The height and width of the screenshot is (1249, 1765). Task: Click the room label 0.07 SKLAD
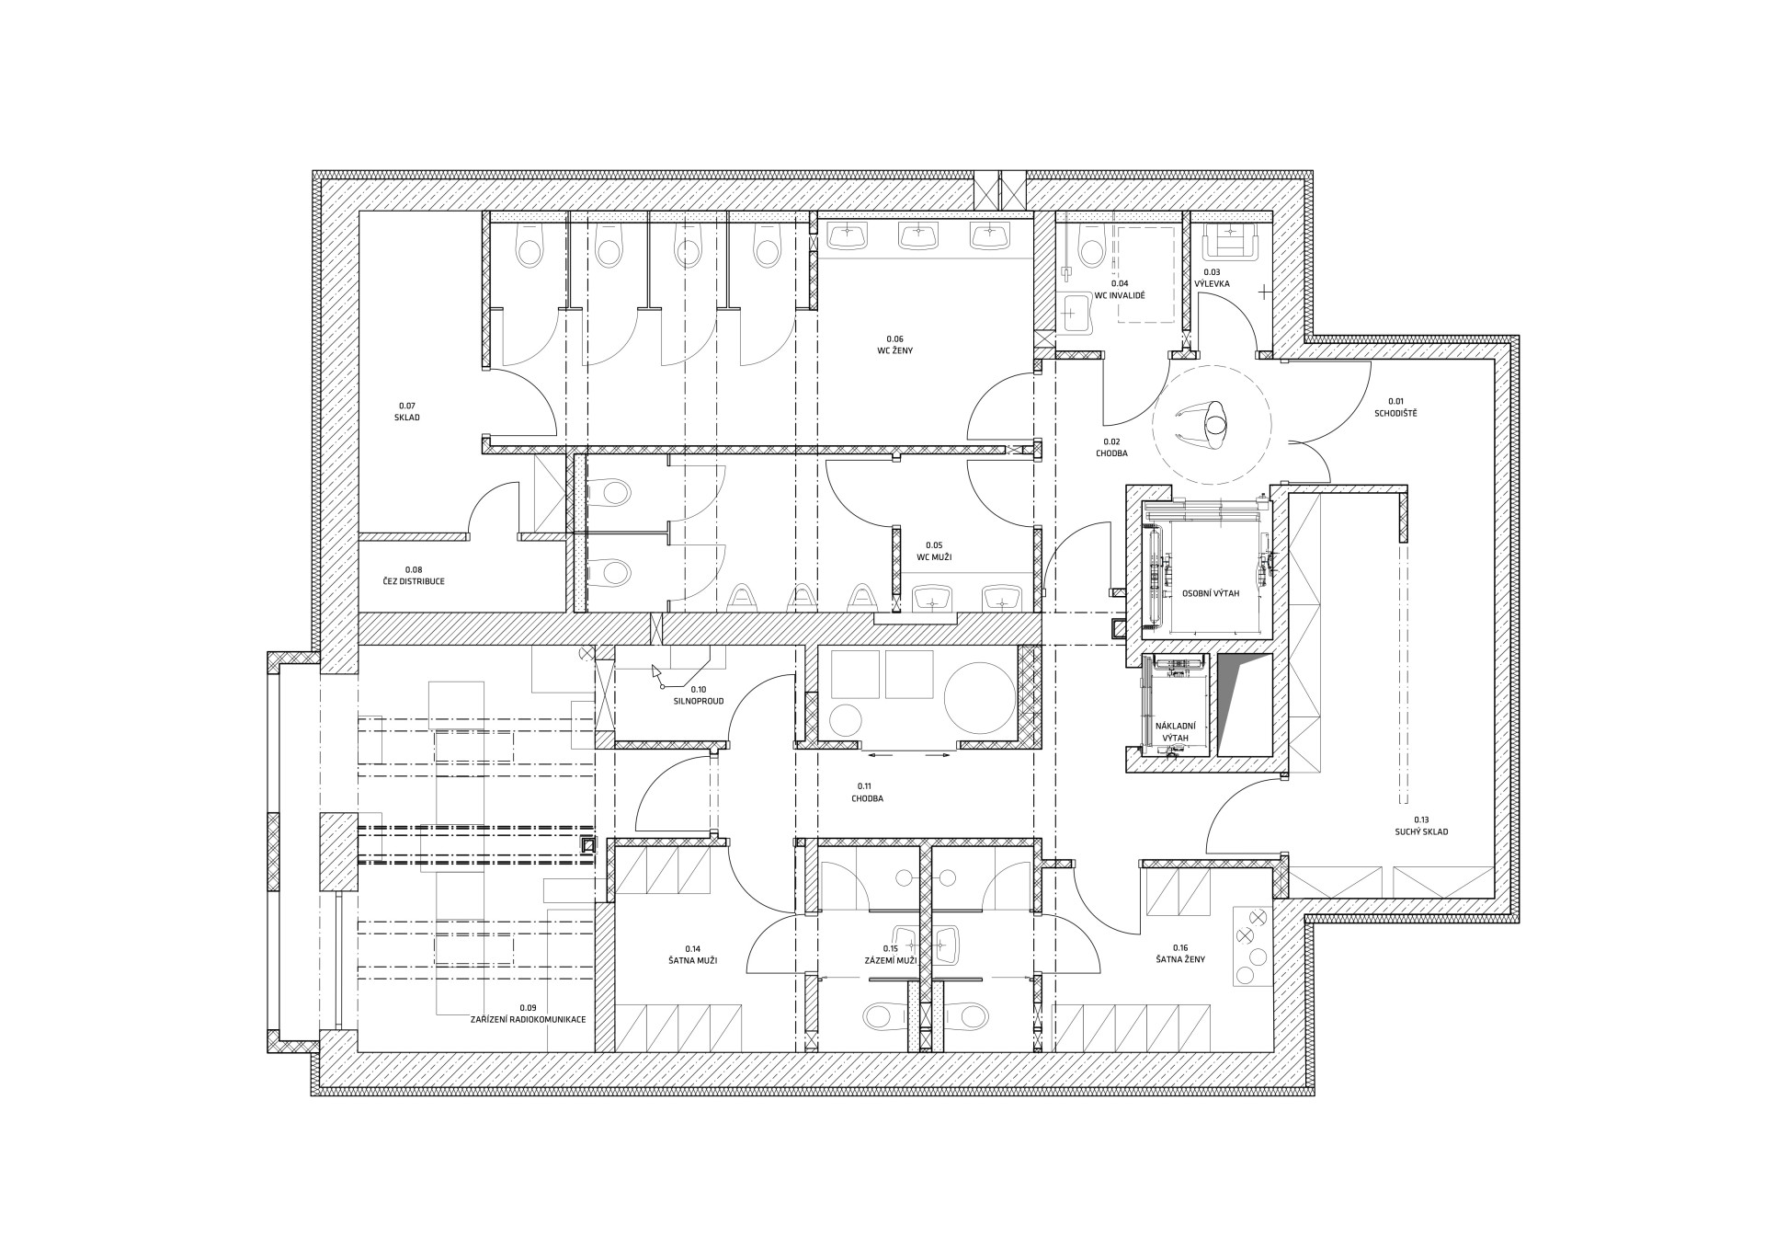point(408,411)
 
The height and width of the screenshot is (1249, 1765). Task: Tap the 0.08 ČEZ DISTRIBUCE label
point(413,576)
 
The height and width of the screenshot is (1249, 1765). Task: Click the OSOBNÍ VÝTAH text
point(1211,593)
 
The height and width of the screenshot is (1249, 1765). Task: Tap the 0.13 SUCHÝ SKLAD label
point(1421,825)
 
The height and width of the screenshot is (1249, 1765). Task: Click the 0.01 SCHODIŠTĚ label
point(1395,407)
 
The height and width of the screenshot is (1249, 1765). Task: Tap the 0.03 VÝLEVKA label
point(1212,278)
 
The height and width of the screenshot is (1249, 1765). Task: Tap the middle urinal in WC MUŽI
point(803,598)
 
